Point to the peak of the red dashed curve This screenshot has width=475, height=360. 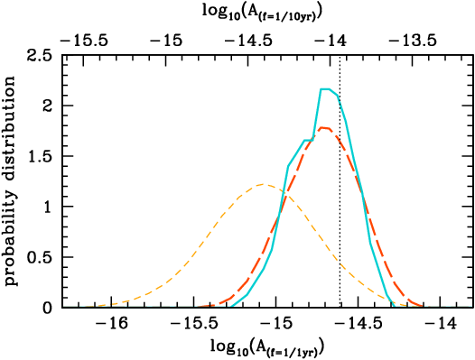(x=323, y=127)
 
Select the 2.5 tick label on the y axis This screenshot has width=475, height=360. (x=37, y=55)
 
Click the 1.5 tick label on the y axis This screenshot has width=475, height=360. (x=37, y=156)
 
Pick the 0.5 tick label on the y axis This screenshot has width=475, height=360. (x=37, y=257)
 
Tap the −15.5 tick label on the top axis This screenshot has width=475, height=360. (x=88, y=40)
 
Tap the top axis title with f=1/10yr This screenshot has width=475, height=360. (x=269, y=13)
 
